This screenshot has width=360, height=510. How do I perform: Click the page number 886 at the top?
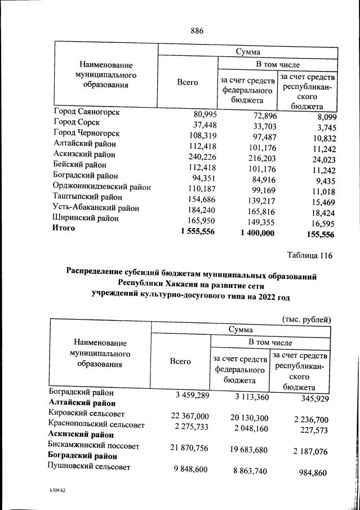[196, 30]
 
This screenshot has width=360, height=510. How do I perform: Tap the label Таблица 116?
[309, 256]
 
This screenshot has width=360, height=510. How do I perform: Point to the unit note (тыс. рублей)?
[306, 319]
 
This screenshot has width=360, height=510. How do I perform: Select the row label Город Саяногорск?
[87, 112]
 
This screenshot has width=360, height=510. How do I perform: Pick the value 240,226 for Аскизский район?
[198, 157]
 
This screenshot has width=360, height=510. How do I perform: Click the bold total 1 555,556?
[194, 232]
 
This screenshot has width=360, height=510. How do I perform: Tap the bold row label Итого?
[64, 228]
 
